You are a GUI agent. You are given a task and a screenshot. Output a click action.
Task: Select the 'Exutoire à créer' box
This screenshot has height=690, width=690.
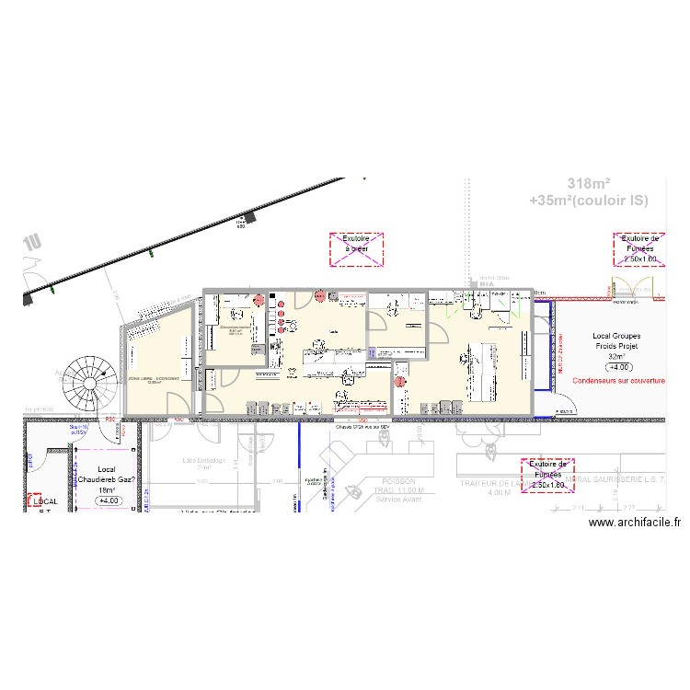pyautogui.click(x=356, y=249)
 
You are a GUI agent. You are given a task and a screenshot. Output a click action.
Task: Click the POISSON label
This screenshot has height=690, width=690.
pyautogui.click(x=397, y=481)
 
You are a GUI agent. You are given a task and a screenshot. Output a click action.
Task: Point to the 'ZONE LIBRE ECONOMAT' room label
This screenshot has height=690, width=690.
pyautogui.click(x=155, y=379)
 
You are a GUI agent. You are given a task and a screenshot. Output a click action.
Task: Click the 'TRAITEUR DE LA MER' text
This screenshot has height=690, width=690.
pyautogui.click(x=502, y=482)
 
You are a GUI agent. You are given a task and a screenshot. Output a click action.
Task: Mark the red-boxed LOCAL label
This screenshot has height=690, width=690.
pyautogui.click(x=45, y=501)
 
